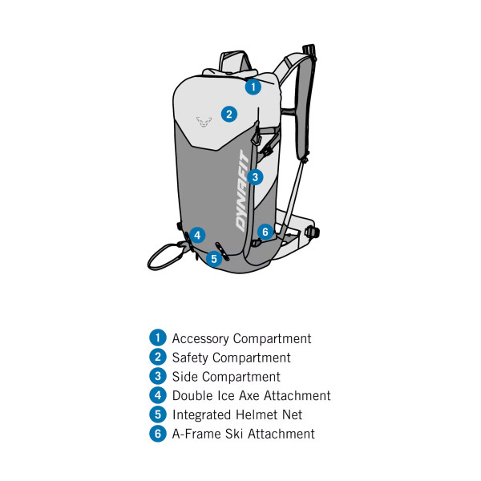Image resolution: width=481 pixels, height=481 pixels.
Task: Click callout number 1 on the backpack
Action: (x=253, y=87)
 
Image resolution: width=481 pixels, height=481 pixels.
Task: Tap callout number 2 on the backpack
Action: (x=229, y=114)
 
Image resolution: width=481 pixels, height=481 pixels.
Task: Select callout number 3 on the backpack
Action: (x=255, y=177)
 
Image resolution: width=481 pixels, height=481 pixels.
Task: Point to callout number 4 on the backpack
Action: (x=197, y=235)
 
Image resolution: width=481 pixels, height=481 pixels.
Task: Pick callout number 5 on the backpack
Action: (x=214, y=259)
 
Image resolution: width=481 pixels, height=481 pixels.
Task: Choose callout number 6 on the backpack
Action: (x=265, y=232)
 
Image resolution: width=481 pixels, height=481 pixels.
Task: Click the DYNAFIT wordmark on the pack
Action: (x=242, y=191)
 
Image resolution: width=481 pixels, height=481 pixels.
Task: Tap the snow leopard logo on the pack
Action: (x=204, y=122)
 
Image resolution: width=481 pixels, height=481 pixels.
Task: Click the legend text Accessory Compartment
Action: (x=242, y=338)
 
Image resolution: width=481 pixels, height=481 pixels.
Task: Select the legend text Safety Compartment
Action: (x=232, y=358)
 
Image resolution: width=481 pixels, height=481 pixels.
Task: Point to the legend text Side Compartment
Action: (x=226, y=377)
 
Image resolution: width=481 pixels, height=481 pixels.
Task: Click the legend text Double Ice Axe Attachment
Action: (x=252, y=396)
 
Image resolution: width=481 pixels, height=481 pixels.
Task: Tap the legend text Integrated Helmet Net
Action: (x=237, y=414)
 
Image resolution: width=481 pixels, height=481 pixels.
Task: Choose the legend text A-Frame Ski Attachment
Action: (x=244, y=434)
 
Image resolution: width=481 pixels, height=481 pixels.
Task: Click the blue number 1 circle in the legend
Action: (x=158, y=338)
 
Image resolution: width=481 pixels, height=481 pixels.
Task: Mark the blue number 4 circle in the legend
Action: (x=158, y=395)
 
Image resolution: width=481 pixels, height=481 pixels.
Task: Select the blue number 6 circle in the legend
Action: (x=158, y=434)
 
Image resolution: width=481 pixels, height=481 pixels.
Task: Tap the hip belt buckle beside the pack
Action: (x=313, y=232)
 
